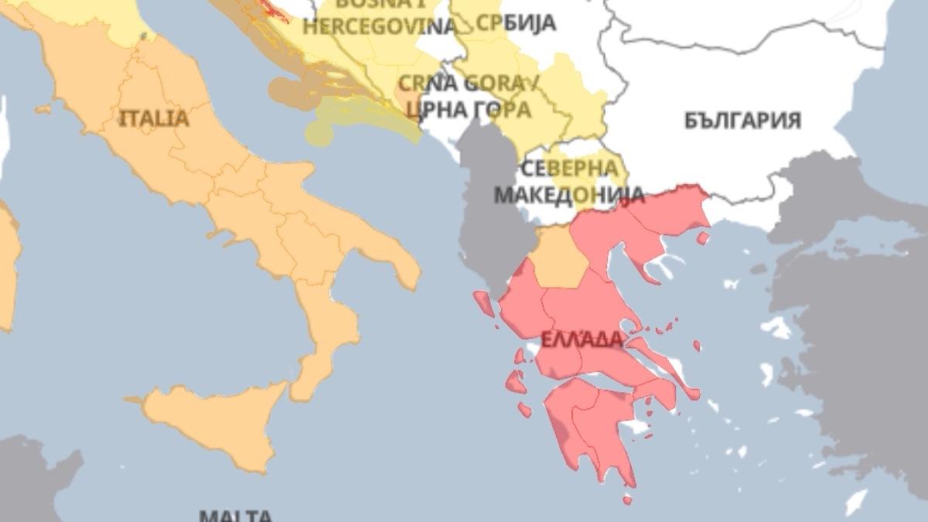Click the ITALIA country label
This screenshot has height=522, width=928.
[154, 118]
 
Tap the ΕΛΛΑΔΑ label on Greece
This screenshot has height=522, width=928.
[582, 339]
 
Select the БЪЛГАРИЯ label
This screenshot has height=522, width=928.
[742, 121]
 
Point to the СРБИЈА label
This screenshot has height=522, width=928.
[516, 23]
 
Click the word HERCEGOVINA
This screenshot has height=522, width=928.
[380, 26]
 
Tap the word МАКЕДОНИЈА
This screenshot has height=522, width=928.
[558, 193]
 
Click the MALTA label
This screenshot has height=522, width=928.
[235, 515]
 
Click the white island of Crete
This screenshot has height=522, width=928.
[855, 503]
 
